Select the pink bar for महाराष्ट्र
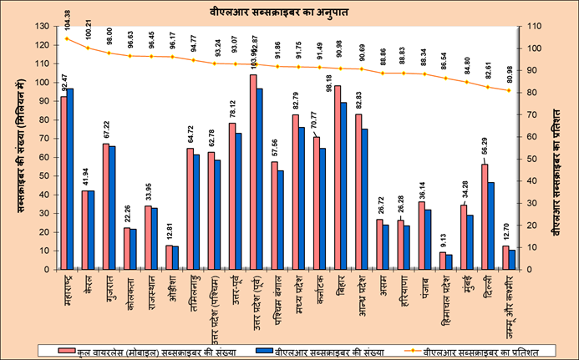pos(63,184)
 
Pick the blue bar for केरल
pos(91,231)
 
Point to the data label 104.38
pos(66,18)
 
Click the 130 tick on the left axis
pos(42,27)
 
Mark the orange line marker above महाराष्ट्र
pos(67,38)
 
